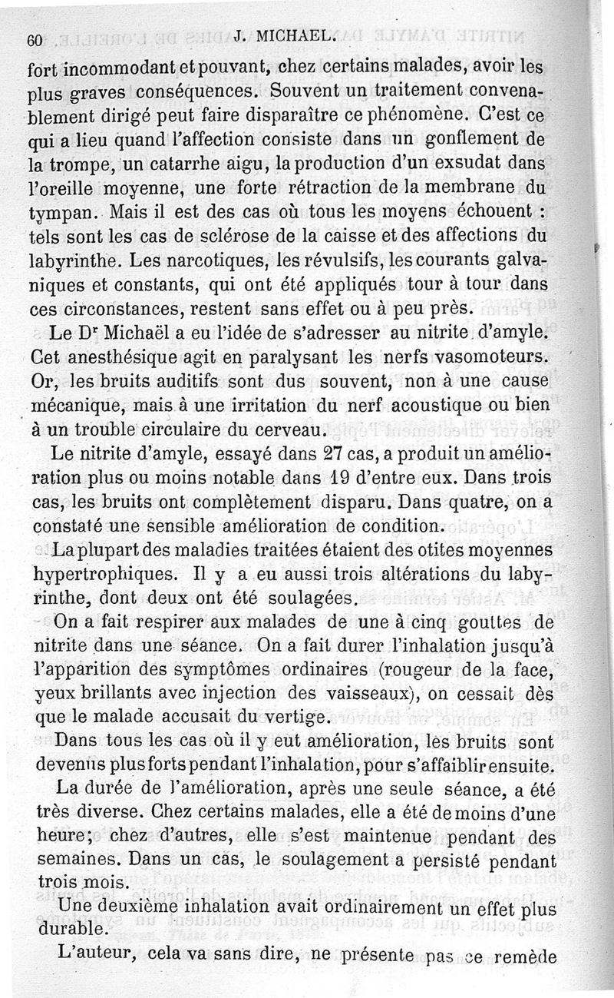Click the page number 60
point(33,41)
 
